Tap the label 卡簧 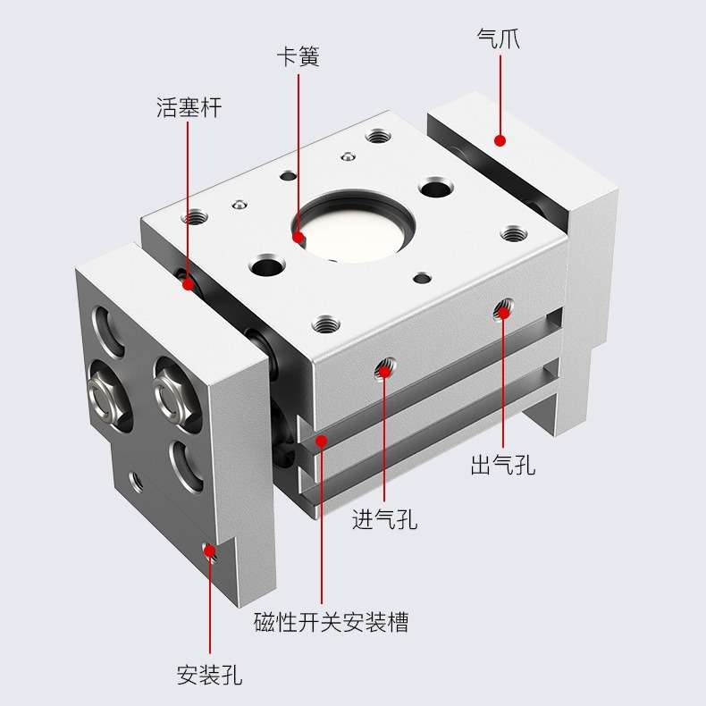(x=298, y=57)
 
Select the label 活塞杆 (x=189, y=108)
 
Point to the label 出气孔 (x=503, y=465)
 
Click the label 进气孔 (x=384, y=519)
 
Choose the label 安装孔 (x=210, y=673)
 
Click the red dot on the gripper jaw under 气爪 (x=500, y=140)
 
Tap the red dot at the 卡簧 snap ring (x=298, y=237)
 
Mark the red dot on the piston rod (x=189, y=284)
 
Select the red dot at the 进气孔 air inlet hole (x=385, y=368)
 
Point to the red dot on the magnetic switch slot (x=321, y=440)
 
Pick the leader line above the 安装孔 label (x=211, y=608)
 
